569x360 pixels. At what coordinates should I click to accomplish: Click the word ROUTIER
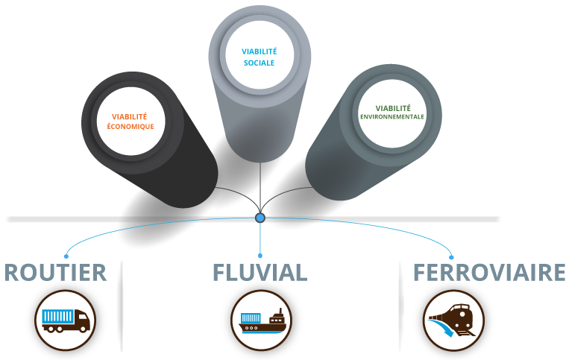(55, 273)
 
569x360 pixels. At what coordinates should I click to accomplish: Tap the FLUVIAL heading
(259, 273)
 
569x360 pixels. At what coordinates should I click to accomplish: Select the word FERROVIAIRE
(489, 273)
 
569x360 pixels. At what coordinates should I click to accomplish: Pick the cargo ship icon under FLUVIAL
(260, 320)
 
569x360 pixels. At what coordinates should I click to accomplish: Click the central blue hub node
(260, 218)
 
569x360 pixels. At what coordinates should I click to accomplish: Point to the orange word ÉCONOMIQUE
(131, 127)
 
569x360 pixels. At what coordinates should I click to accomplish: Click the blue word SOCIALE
(259, 63)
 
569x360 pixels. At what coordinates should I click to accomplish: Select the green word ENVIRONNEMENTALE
(392, 117)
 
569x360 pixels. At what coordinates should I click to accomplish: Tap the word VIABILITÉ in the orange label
(130, 116)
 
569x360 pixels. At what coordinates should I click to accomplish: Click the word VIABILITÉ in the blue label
(259, 51)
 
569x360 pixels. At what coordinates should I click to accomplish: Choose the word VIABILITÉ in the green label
(392, 107)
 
